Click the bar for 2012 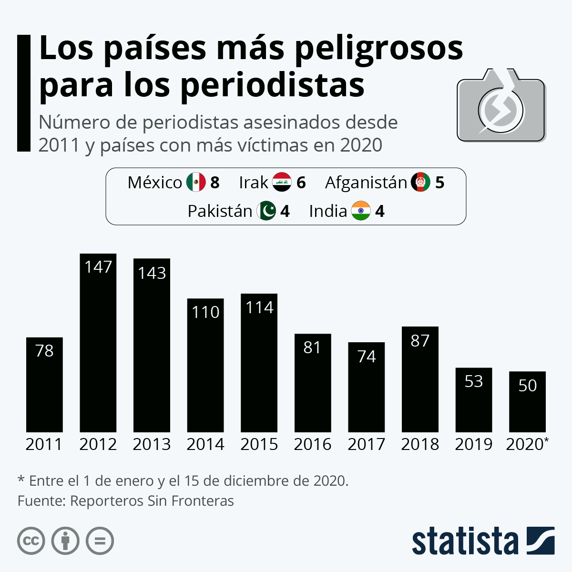click(98, 343)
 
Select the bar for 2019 click(474, 400)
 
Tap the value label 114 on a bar click(259, 307)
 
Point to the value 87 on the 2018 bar click(420, 340)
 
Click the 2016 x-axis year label click(313, 444)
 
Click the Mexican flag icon click(195, 182)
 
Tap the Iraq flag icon click(282, 182)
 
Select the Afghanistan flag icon click(420, 182)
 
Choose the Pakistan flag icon click(266, 211)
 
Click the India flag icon click(361, 211)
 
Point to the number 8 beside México click(215, 183)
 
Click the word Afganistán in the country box click(366, 183)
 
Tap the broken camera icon click(500, 107)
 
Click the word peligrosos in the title click(379, 49)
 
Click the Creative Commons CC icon click(31, 541)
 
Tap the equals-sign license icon click(100, 541)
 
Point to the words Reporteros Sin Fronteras click(152, 501)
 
